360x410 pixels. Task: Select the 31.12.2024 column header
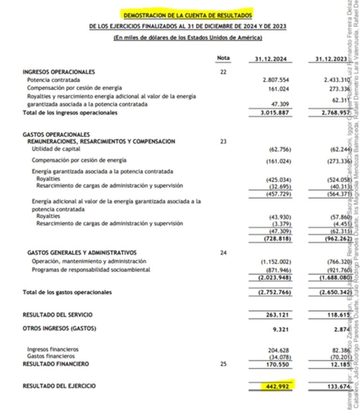[270, 59]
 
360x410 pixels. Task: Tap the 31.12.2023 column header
[331, 59]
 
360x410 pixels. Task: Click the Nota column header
[223, 58]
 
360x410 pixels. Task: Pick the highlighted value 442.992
[277, 386]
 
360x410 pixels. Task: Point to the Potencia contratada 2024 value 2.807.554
[277, 80]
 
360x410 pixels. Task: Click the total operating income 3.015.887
[277, 113]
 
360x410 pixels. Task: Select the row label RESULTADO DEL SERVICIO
[58, 315]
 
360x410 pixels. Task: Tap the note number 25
[223, 364]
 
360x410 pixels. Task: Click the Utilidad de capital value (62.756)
[280, 149]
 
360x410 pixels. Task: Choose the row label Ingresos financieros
[53, 349]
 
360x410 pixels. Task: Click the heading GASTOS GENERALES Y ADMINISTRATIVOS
[82, 253]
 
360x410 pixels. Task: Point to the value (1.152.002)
[276, 262]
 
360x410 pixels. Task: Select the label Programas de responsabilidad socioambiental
[91, 270]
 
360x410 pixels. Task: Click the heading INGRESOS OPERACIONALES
[59, 72]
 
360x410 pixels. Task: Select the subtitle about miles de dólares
[187, 38]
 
